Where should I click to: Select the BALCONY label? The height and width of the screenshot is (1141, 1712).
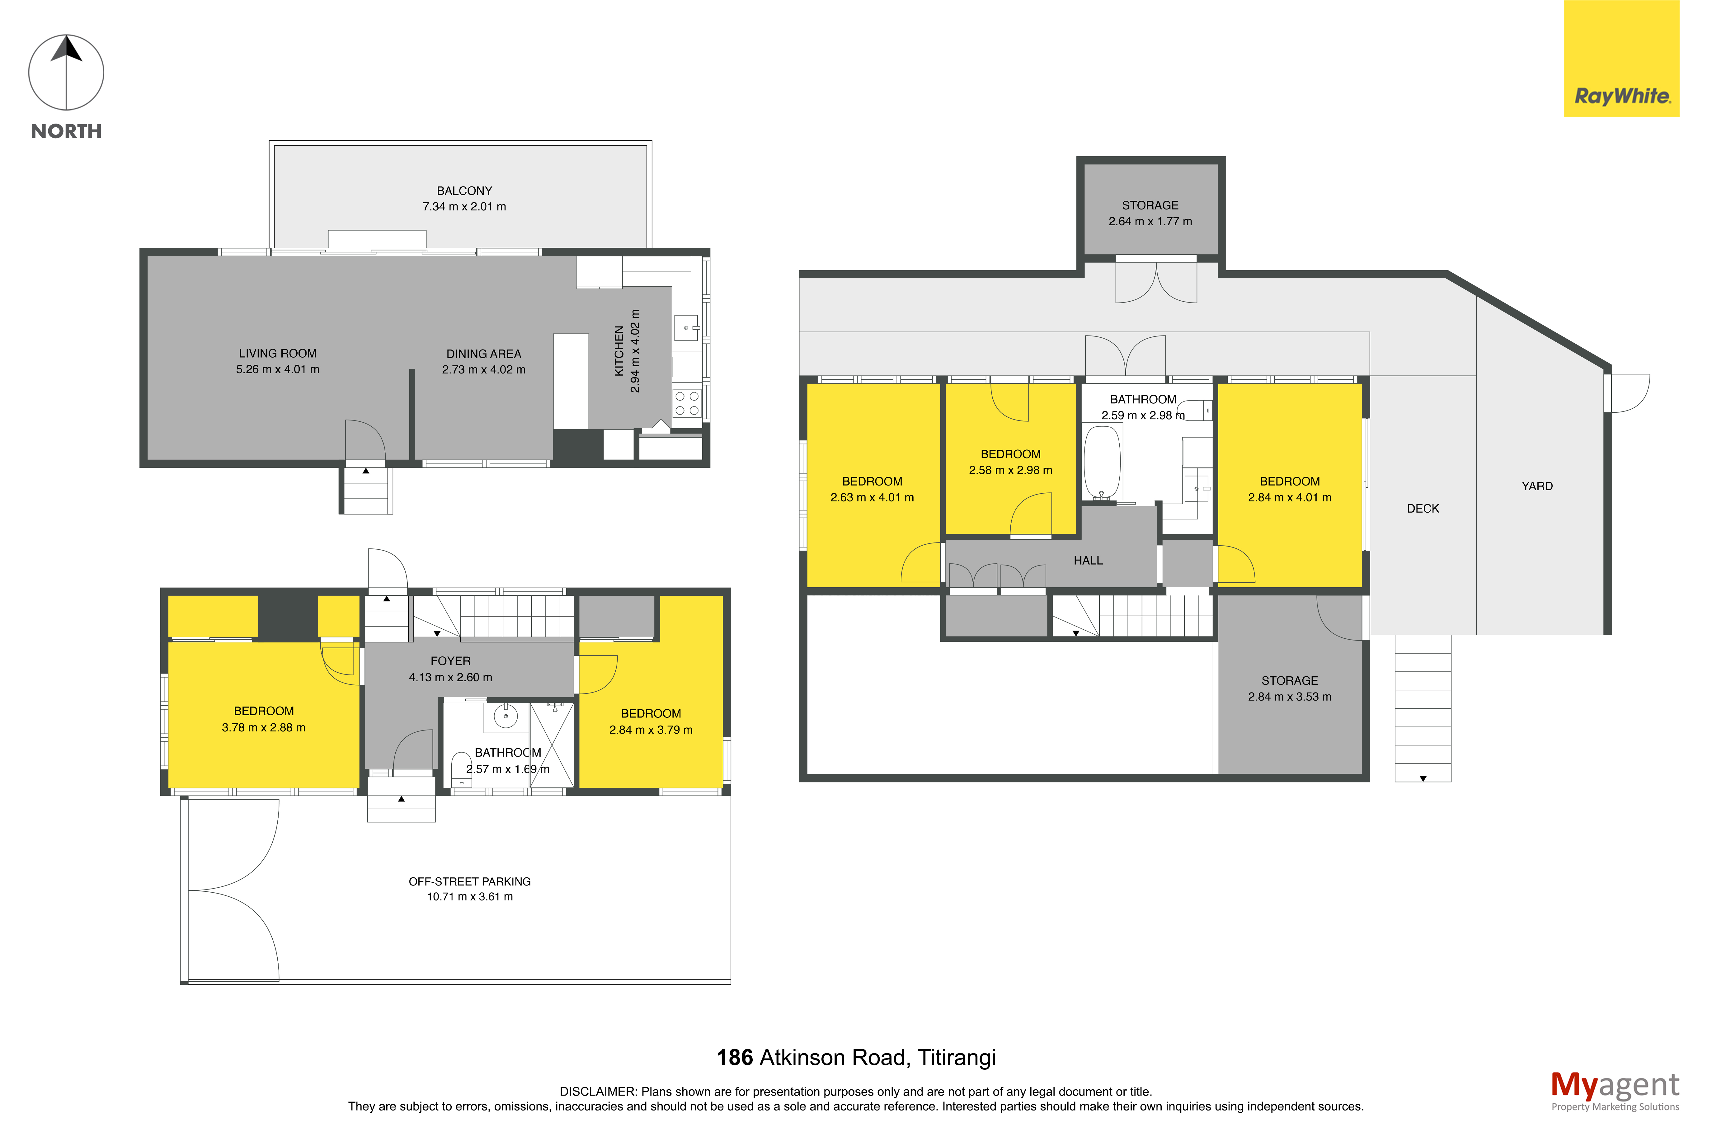click(x=464, y=191)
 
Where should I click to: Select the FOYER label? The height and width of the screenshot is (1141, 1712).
click(x=450, y=661)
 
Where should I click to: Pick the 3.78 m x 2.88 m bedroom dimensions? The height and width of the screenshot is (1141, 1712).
click(x=263, y=728)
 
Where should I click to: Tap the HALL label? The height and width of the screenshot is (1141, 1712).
click(x=1088, y=560)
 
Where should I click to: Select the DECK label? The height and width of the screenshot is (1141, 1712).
click(x=1423, y=509)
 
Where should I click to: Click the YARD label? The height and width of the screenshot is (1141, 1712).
click(x=1537, y=486)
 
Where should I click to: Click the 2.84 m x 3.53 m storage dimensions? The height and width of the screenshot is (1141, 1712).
click(x=1289, y=696)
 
